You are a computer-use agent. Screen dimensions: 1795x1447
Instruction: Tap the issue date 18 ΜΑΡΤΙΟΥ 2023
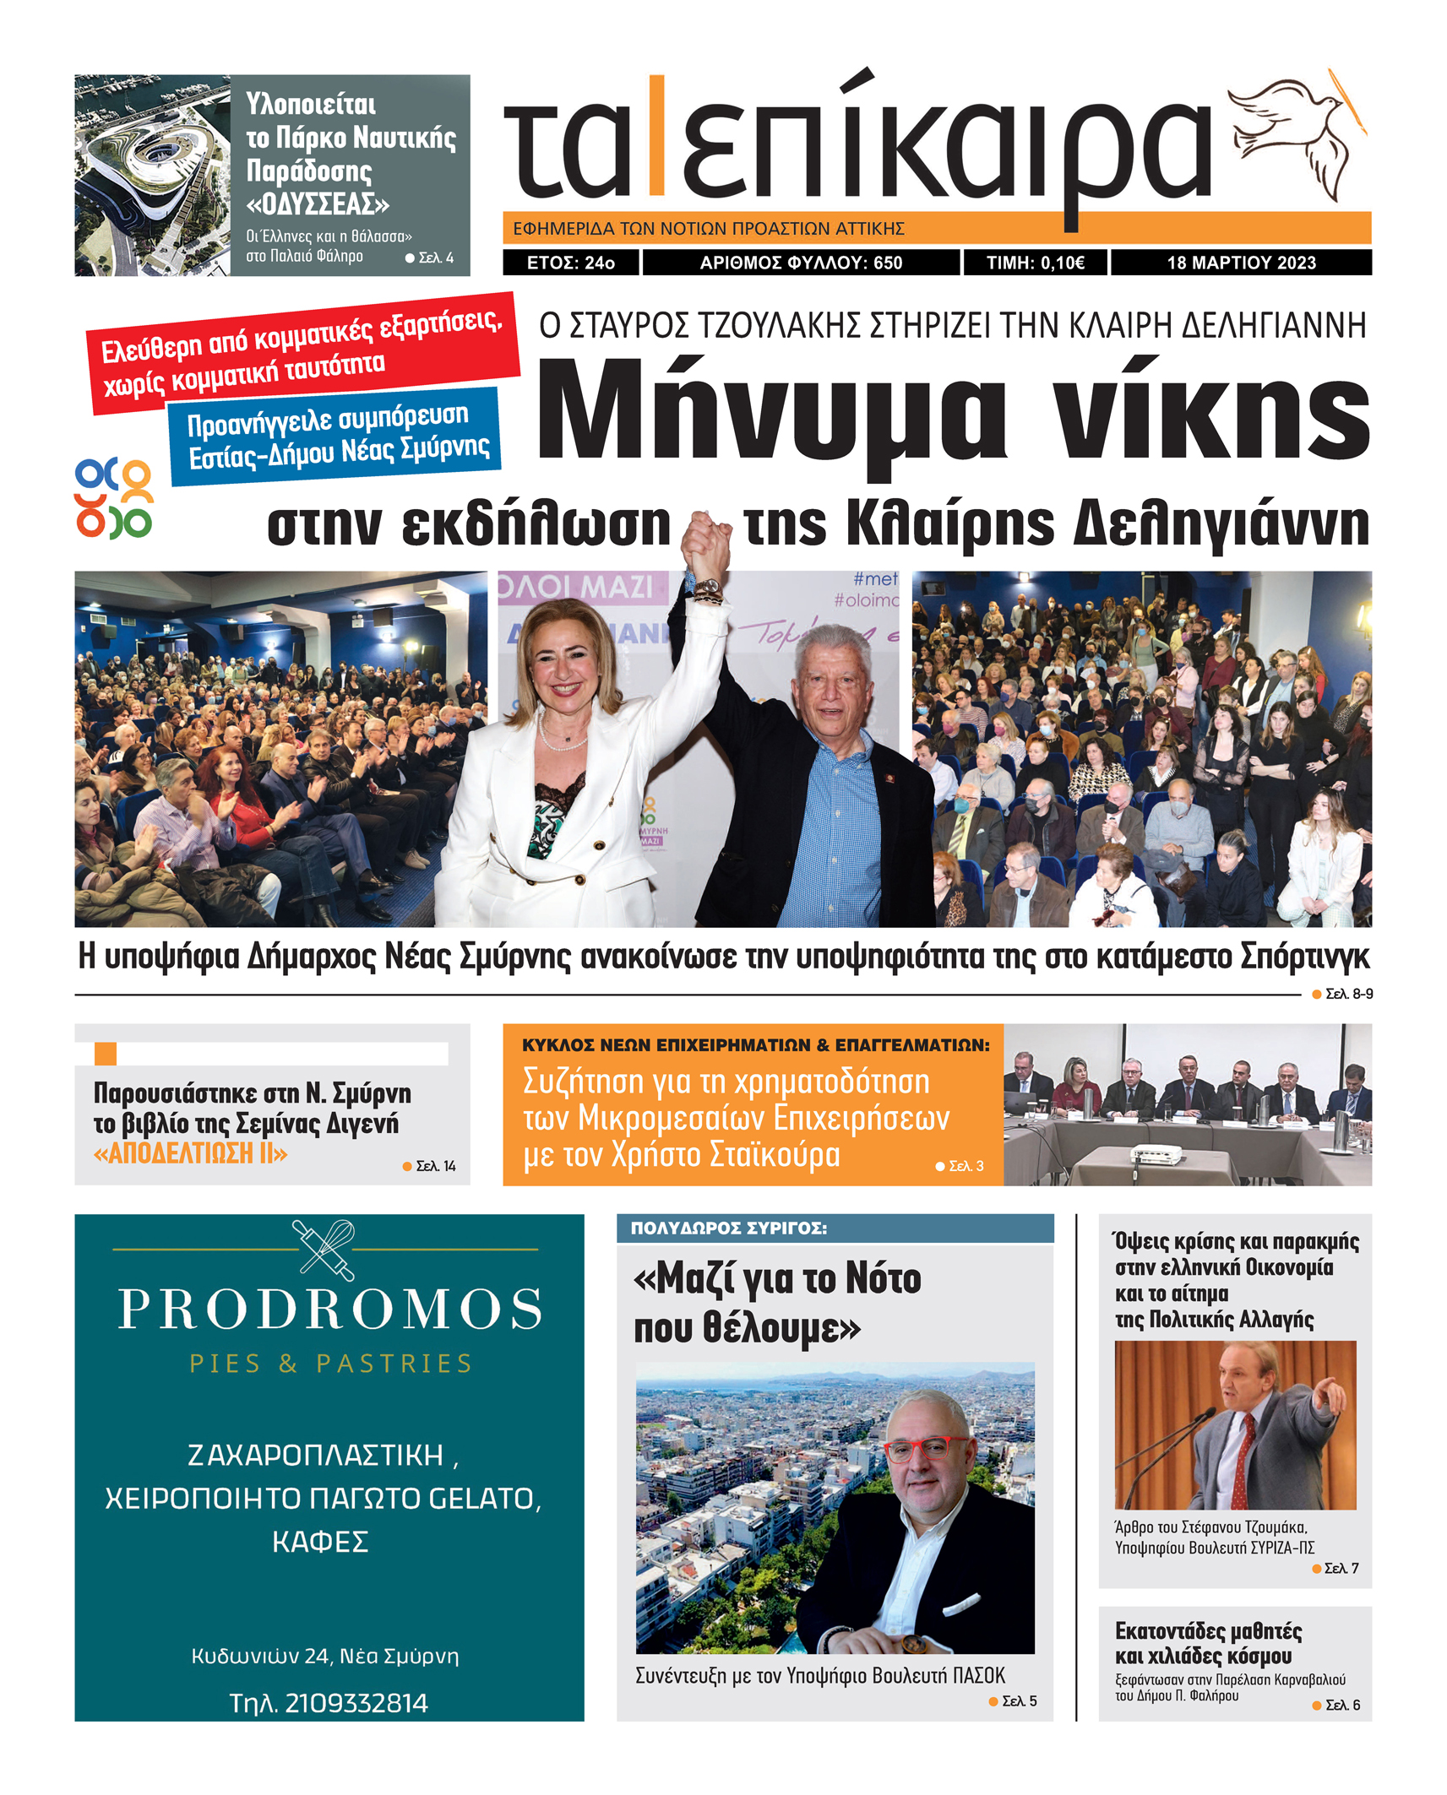(1240, 263)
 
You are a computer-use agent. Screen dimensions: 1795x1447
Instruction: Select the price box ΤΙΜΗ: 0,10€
(1035, 263)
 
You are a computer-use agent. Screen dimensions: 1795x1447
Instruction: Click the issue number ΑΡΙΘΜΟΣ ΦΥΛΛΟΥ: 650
(801, 263)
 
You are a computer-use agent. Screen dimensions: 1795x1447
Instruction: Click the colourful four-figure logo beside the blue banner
(113, 498)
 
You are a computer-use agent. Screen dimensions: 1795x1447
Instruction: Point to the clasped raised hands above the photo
(705, 545)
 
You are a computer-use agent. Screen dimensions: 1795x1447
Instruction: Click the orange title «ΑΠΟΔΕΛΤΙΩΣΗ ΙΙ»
(190, 1152)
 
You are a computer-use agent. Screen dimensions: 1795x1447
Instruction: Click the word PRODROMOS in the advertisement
(329, 1309)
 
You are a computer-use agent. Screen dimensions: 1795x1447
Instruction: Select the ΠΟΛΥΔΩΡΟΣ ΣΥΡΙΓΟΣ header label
(728, 1228)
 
